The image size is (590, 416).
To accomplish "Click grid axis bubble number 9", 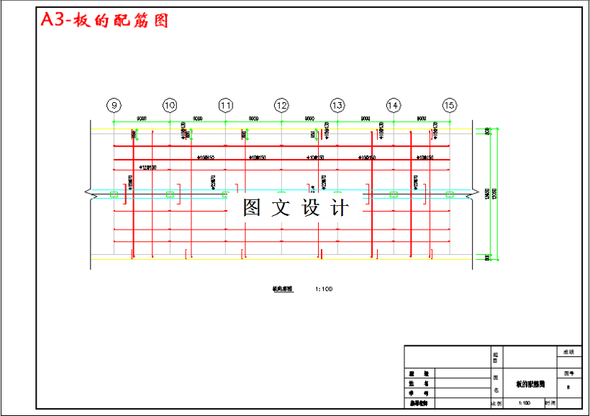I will tap(113, 105).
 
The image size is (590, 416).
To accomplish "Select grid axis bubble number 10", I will tap(169, 105).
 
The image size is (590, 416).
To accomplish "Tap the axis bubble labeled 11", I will tap(225, 105).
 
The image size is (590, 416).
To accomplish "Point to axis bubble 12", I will tap(281, 105).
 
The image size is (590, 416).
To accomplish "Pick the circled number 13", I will tap(337, 105).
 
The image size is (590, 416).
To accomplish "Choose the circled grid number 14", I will tap(393, 105).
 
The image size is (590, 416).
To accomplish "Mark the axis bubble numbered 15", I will tap(449, 105).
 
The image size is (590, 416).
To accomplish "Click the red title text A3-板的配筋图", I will tap(104, 20).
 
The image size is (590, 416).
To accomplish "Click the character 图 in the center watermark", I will tap(252, 208).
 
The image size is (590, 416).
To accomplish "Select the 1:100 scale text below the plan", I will tap(324, 289).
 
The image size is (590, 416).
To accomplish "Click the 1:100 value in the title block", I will tap(524, 404).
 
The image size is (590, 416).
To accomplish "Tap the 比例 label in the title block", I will tap(496, 404).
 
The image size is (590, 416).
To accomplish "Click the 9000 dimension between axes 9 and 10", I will tap(142, 118).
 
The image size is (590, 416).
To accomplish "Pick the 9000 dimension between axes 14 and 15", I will tap(422, 118).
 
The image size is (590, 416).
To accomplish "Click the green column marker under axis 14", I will tap(394, 194).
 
